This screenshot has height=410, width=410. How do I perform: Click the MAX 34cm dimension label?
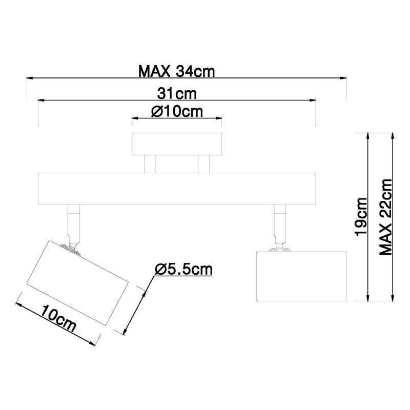pos(176,71)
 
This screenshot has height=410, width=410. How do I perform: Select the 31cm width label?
pos(177,94)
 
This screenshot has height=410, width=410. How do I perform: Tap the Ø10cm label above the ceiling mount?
pos(177,112)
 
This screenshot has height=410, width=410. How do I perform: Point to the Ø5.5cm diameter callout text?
pos(183,269)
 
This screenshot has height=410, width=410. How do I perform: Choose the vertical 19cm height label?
pos(361,216)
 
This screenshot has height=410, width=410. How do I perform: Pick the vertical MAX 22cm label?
pos(386,217)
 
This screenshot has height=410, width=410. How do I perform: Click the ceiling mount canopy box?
pos(177,144)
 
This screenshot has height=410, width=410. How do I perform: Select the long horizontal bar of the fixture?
pos(177,189)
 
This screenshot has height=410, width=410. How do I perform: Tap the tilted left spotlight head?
pos(78,283)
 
